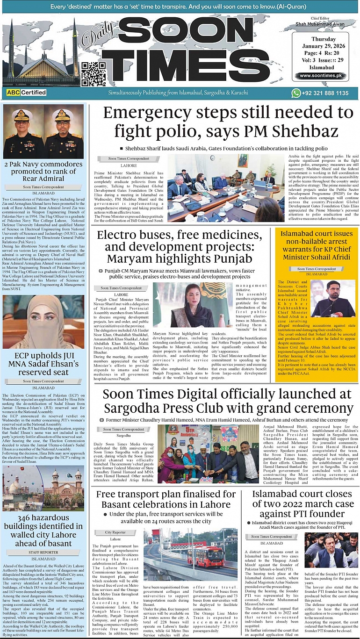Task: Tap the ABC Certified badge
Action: (26, 93)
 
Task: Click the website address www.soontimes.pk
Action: (321, 76)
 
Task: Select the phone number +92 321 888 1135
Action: (326, 93)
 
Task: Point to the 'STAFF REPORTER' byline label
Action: (43, 552)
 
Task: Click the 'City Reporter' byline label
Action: (115, 532)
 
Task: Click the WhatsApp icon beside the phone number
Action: (295, 93)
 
